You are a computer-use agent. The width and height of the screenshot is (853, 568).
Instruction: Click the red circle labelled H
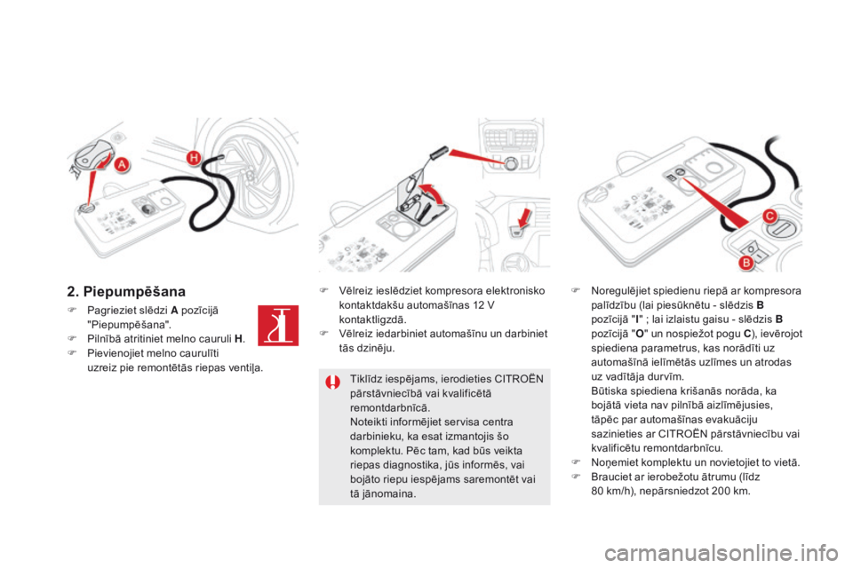[x=193, y=158]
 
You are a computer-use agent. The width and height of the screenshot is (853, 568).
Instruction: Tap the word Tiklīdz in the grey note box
[x=366, y=378]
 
